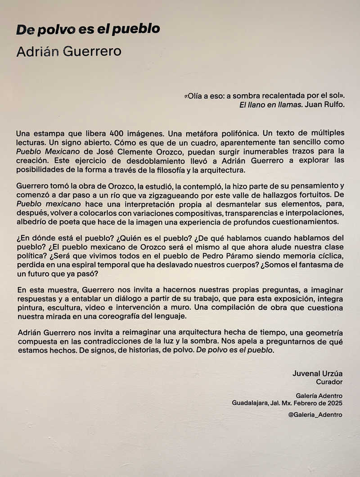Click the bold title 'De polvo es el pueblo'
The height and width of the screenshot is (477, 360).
pos(88,30)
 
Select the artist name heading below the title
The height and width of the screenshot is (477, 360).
pos(69,51)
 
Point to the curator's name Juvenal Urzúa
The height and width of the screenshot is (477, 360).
pos(317,373)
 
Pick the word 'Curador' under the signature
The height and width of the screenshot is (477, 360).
pos(329,382)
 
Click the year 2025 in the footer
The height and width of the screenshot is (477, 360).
pos(334,403)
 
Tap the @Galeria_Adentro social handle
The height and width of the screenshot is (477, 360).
pos(315,414)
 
